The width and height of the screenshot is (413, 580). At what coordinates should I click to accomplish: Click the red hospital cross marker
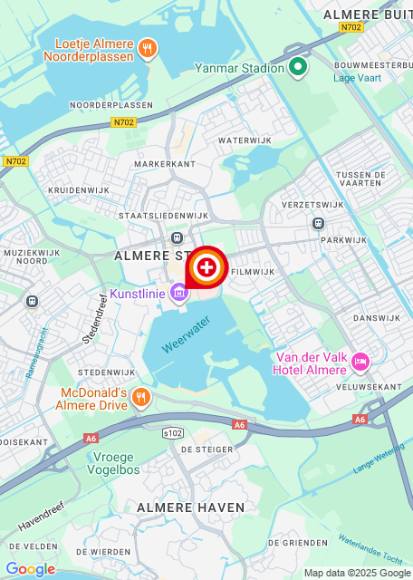point(206,267)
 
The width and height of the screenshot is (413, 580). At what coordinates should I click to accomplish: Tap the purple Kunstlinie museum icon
point(179,294)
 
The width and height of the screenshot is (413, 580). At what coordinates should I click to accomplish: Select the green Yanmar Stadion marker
point(299,67)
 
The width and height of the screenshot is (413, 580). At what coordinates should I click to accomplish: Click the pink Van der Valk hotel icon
point(360,362)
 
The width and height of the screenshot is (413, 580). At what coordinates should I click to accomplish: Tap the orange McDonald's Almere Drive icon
point(140,396)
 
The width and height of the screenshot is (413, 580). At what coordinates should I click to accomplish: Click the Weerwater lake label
point(186,333)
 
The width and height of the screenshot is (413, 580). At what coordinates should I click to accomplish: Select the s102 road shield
point(173,434)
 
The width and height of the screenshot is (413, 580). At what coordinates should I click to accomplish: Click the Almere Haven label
point(180,508)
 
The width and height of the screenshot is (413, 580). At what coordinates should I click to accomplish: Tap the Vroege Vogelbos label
point(118,463)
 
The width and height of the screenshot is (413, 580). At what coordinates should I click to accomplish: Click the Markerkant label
point(164,164)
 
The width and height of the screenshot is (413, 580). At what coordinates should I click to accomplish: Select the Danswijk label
point(376,318)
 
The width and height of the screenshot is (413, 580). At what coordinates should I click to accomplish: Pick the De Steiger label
point(206,449)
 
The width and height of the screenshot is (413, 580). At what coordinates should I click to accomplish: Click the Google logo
point(30,568)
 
